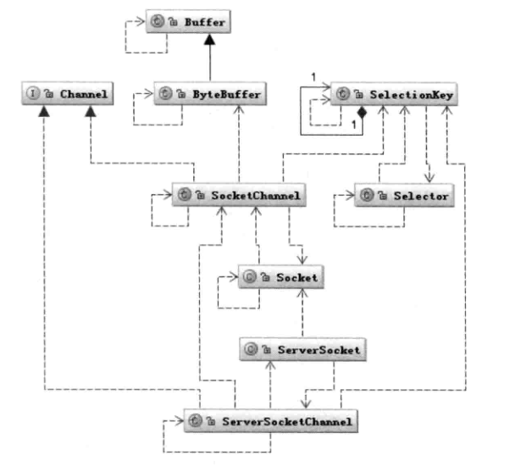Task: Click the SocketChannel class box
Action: click(237, 195)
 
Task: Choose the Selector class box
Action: click(403, 195)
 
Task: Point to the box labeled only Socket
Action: click(280, 275)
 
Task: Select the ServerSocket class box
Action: click(302, 348)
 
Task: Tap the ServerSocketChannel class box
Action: click(269, 419)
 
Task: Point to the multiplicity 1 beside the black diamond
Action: click(352, 125)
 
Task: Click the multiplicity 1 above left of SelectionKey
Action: click(313, 78)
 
